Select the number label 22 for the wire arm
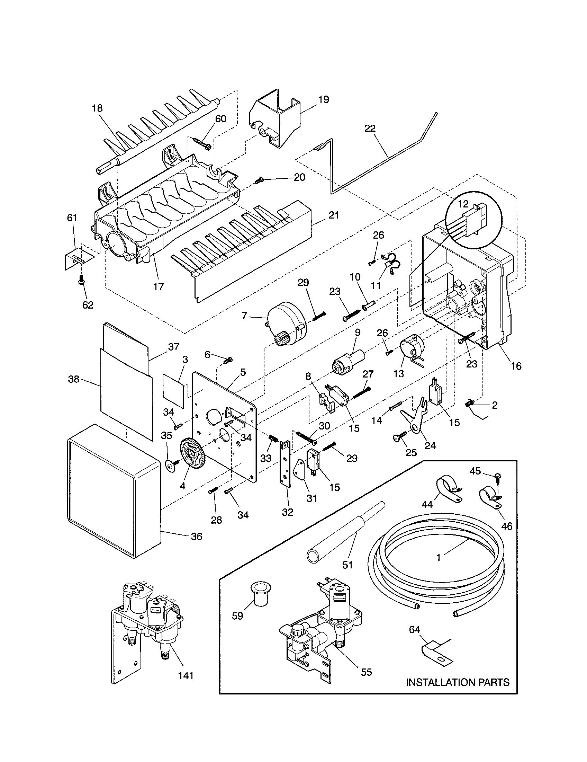click(370, 129)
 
